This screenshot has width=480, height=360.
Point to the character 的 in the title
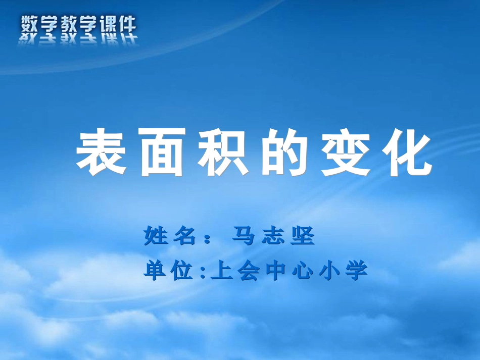point(283,152)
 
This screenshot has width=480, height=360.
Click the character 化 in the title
point(406,152)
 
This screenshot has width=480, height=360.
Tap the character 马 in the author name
point(243,236)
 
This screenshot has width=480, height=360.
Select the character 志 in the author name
point(273,236)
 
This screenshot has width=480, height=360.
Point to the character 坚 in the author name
point(303,236)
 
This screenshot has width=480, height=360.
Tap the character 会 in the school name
point(249,271)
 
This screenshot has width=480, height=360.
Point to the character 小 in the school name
point(329,271)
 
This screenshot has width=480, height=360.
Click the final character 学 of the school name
point(357,271)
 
